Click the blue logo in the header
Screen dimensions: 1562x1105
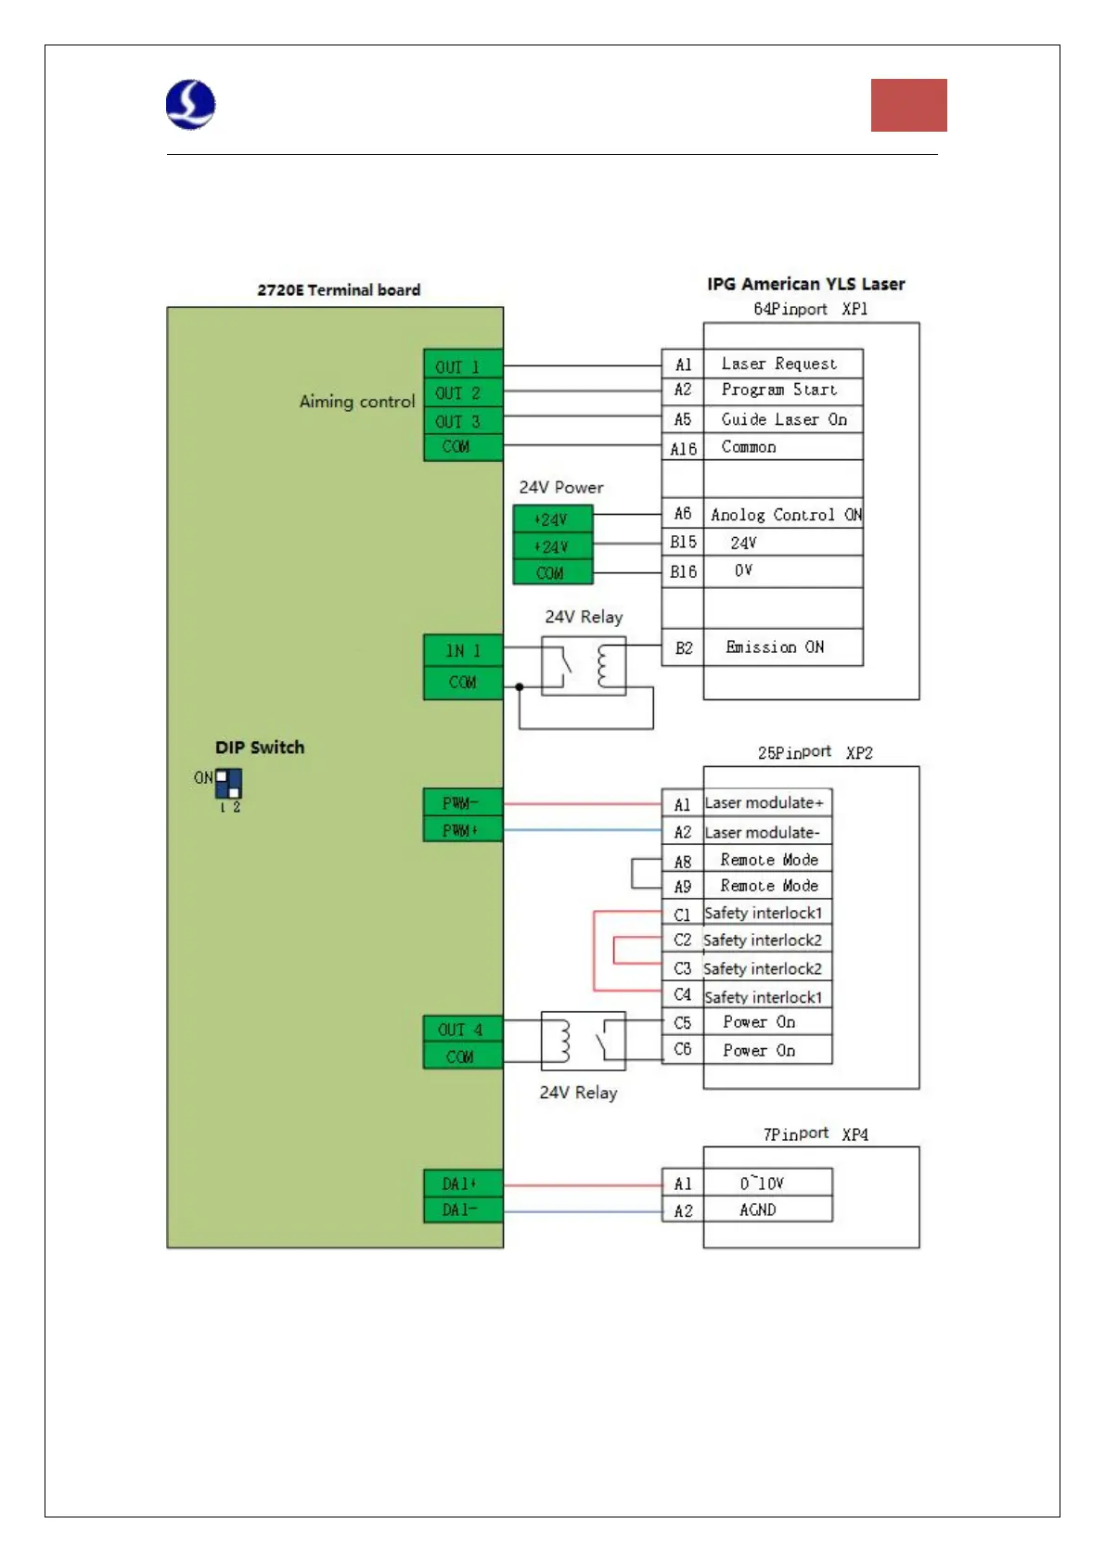191,104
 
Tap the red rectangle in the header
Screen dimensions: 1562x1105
908,105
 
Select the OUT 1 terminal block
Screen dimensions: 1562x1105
462,365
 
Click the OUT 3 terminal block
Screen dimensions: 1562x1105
462,421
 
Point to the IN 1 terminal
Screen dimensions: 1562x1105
462,650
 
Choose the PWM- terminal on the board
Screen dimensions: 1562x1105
462,802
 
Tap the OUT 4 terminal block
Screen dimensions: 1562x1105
462,1030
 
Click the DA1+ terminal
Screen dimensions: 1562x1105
462,1184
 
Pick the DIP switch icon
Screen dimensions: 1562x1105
228,784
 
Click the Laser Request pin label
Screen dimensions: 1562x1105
779,364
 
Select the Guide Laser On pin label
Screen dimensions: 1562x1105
784,419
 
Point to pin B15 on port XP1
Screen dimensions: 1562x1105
683,542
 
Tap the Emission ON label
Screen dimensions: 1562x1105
775,647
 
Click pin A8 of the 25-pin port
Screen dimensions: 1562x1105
683,861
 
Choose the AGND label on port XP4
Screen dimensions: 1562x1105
758,1210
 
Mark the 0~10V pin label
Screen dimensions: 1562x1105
762,1183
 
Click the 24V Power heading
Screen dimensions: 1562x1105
561,487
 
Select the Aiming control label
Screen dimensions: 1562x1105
357,402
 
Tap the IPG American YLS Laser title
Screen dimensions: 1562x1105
805,284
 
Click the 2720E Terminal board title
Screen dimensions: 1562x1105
339,289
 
